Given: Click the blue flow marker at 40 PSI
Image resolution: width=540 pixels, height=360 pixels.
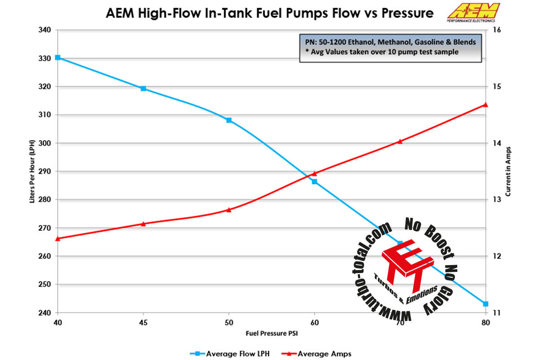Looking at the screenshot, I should (x=58, y=58).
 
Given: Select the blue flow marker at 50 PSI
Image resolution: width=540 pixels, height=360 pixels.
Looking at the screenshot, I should (x=229, y=120).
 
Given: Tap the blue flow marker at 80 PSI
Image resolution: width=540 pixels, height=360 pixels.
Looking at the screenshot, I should (x=486, y=304).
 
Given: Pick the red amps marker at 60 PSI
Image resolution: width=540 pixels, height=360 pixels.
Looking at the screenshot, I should (x=315, y=173).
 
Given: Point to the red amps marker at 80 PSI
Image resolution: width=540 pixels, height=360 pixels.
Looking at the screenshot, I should (x=486, y=104).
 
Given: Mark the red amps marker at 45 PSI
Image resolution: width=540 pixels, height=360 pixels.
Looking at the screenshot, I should (x=143, y=224).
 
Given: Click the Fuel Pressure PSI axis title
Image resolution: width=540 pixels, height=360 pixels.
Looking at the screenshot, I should (x=271, y=333).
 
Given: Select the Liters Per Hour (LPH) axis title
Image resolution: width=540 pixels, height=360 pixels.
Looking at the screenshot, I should (x=32, y=171).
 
